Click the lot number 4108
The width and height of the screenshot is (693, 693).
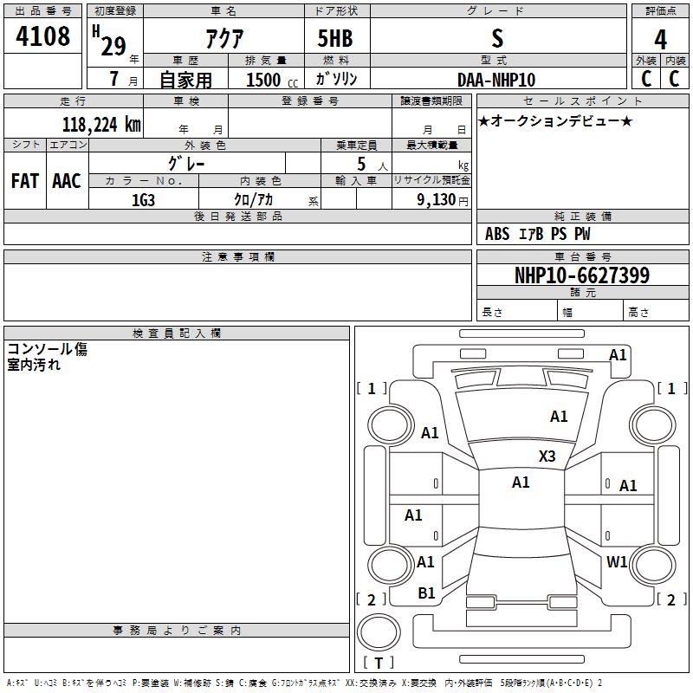point(42,36)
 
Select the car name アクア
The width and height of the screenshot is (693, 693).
point(224,38)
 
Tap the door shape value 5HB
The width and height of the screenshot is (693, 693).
point(335,38)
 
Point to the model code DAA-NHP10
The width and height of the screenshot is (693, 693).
point(496,80)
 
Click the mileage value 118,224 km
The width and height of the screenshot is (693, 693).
point(101,125)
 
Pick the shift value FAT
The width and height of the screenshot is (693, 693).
point(25,181)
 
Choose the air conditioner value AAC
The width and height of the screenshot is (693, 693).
point(67,181)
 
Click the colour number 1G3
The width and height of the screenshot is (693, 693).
point(143,200)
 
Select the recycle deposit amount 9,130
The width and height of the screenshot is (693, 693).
point(437,200)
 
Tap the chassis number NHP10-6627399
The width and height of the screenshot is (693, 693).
point(582,275)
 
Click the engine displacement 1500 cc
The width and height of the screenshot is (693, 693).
point(272,80)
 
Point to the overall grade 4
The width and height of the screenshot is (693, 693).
point(660,39)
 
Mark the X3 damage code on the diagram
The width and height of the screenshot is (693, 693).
point(547,456)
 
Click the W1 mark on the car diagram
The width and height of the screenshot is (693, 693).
point(617,561)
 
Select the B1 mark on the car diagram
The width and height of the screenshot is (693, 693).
point(426,593)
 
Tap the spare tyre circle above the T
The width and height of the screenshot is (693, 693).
point(379,631)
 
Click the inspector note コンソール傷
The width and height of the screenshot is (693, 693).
point(48,349)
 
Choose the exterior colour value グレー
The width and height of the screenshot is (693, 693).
point(186,164)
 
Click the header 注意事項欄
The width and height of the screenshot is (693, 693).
point(237,256)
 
